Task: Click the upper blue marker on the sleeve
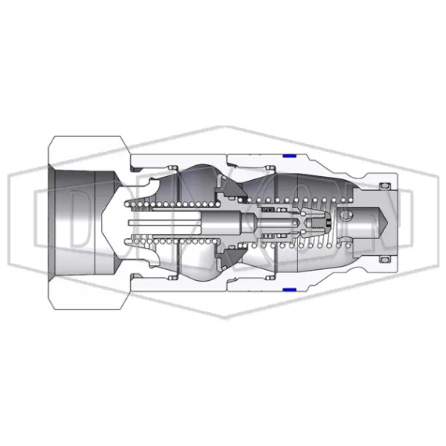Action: point(289,156)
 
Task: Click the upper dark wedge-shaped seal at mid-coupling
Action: point(230,188)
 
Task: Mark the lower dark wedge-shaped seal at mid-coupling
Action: point(230,258)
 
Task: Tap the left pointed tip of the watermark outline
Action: point(9,223)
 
